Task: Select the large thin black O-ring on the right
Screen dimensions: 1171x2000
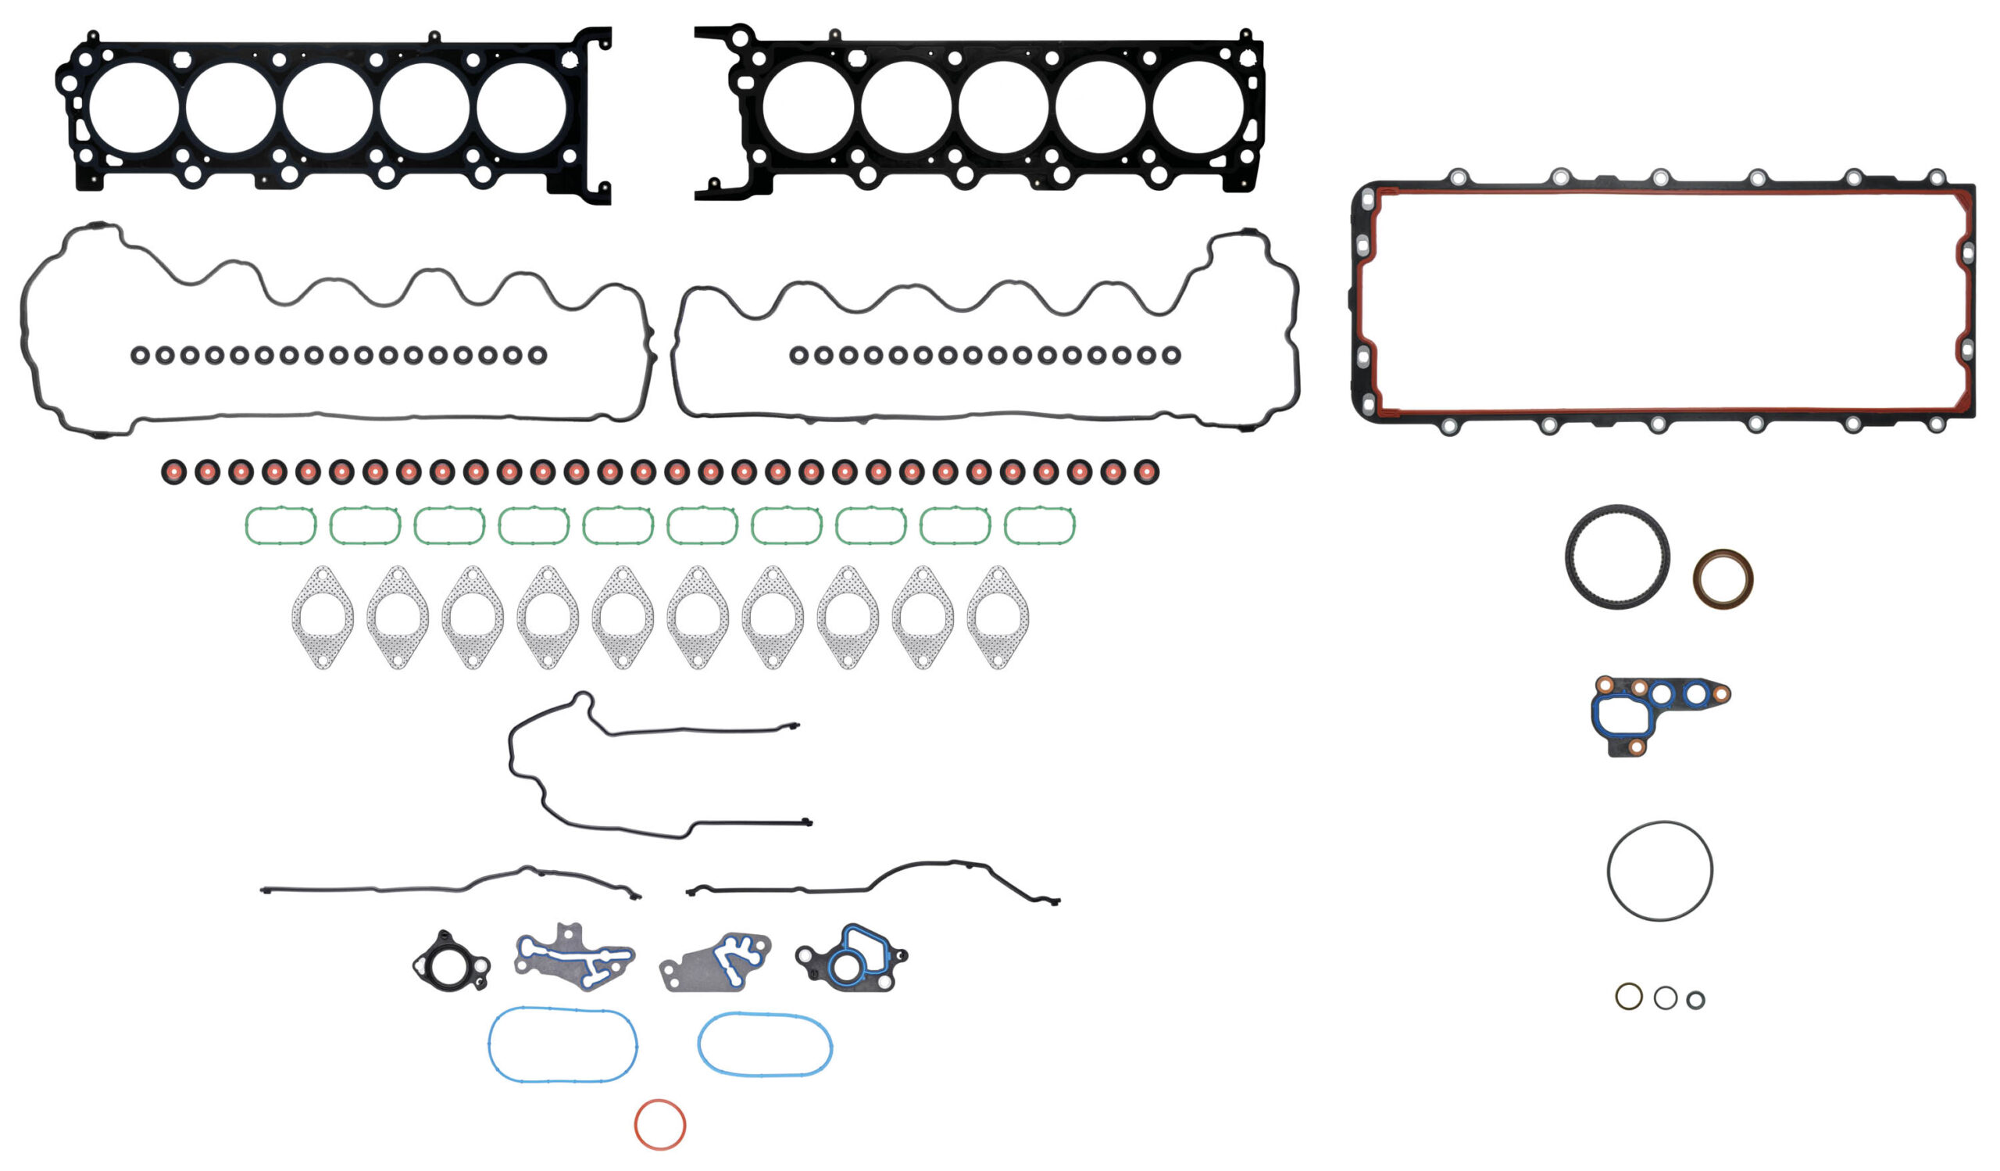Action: click(x=1659, y=871)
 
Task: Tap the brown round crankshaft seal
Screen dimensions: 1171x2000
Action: click(x=1722, y=578)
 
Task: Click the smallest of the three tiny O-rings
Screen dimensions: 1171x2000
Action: click(x=1695, y=1001)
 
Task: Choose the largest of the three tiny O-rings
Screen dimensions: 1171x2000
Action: click(x=1629, y=996)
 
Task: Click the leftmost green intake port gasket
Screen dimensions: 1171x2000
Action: click(x=281, y=525)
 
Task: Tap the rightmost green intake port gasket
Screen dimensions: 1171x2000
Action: click(x=1040, y=525)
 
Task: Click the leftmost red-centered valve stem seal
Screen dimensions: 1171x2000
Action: click(x=173, y=471)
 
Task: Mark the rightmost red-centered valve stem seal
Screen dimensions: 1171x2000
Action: click(x=1147, y=471)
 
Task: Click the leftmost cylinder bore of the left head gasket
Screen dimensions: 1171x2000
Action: click(x=134, y=107)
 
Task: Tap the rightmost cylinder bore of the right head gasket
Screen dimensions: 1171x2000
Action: click(x=1198, y=107)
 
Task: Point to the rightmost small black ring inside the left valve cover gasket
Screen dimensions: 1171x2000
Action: click(x=537, y=355)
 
